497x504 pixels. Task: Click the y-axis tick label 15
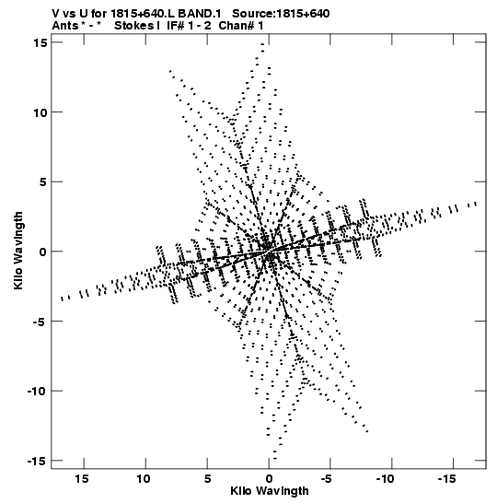pyautogui.click(x=40, y=42)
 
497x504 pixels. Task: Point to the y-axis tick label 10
pyautogui.click(x=40, y=112)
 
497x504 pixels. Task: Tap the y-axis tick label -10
pyautogui.click(x=37, y=391)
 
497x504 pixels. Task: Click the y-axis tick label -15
pyautogui.click(x=37, y=461)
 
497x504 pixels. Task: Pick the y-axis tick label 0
pyautogui.click(x=43, y=252)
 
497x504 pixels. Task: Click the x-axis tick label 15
pyautogui.click(x=82, y=479)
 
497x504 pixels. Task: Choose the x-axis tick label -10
pyautogui.click(x=385, y=479)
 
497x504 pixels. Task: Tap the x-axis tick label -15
pyautogui.click(x=446, y=479)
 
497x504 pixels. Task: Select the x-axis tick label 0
pyautogui.click(x=269, y=479)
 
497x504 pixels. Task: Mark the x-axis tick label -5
pyautogui.click(x=326, y=479)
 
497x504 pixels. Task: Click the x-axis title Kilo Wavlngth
pyautogui.click(x=270, y=491)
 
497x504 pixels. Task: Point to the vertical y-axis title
pyautogui.click(x=18, y=251)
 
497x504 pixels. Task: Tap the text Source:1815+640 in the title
pyautogui.click(x=281, y=14)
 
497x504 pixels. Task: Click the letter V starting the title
pyautogui.click(x=56, y=14)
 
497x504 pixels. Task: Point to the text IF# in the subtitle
pyautogui.click(x=175, y=26)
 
